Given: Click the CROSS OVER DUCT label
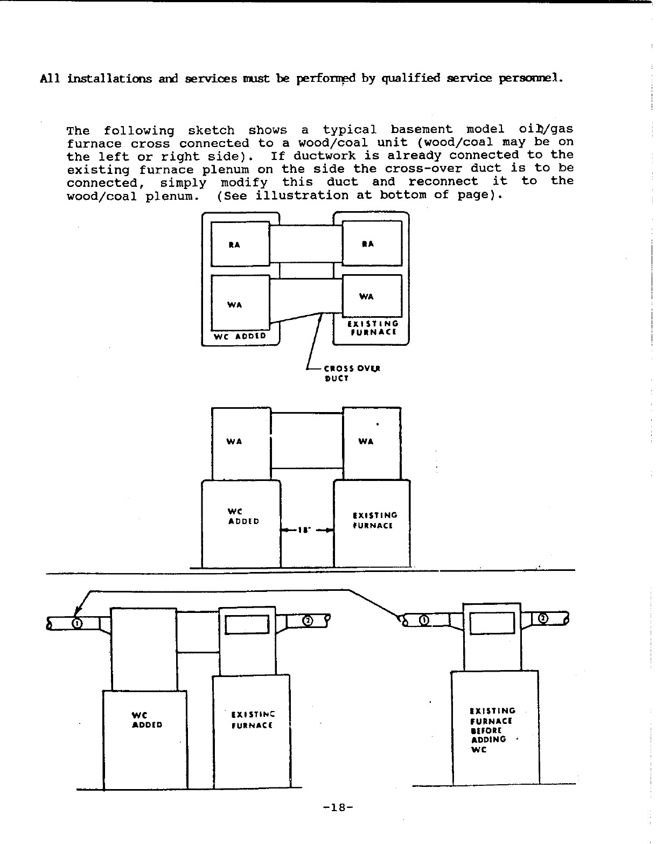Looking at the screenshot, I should click(x=352, y=373).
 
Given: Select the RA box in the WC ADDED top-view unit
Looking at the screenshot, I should click(x=234, y=245).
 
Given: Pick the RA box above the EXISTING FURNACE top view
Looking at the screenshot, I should click(x=368, y=243).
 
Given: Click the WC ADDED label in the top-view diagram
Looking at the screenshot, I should click(x=240, y=336).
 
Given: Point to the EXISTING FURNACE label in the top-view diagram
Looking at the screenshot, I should click(x=373, y=327).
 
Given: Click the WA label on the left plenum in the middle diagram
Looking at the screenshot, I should click(x=234, y=442).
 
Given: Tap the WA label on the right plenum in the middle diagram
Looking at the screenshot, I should click(x=366, y=442).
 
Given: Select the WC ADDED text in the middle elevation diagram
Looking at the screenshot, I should click(x=243, y=516).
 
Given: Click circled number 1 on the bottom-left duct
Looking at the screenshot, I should click(x=77, y=623).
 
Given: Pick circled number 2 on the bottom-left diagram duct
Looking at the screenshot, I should click(x=307, y=621).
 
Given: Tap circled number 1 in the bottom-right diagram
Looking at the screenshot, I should click(x=424, y=620).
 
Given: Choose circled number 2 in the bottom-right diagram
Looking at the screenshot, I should click(x=543, y=618).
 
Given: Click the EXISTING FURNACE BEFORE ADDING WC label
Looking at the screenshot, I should click(x=492, y=730).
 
